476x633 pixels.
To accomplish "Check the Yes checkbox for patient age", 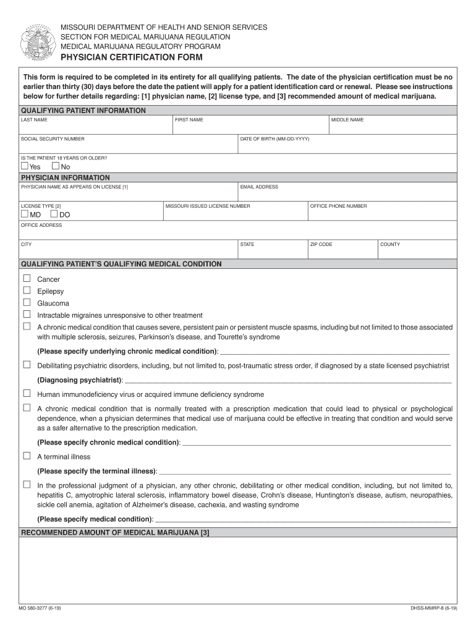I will (25, 166).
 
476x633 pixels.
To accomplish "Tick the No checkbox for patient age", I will (56, 166).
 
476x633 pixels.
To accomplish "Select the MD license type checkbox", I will (25, 214).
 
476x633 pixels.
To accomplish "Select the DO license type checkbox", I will (54, 214).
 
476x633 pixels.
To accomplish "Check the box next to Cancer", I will (27, 279).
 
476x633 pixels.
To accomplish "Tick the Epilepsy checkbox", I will (27, 291).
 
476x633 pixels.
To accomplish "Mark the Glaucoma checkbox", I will (27, 303).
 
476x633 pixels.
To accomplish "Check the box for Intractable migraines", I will (27, 315).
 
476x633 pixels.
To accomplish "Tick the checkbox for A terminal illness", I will (27, 456).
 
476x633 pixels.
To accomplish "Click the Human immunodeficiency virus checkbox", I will (27, 394).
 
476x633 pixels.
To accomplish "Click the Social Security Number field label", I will (53, 139).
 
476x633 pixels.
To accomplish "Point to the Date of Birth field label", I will (274, 139).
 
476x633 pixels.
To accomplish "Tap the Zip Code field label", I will (321, 245).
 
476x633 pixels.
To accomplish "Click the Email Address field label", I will (259, 187).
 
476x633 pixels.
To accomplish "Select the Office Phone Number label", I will (338, 206).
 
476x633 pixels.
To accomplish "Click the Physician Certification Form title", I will (131, 57).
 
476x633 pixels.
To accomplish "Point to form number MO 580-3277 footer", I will (40, 608).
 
